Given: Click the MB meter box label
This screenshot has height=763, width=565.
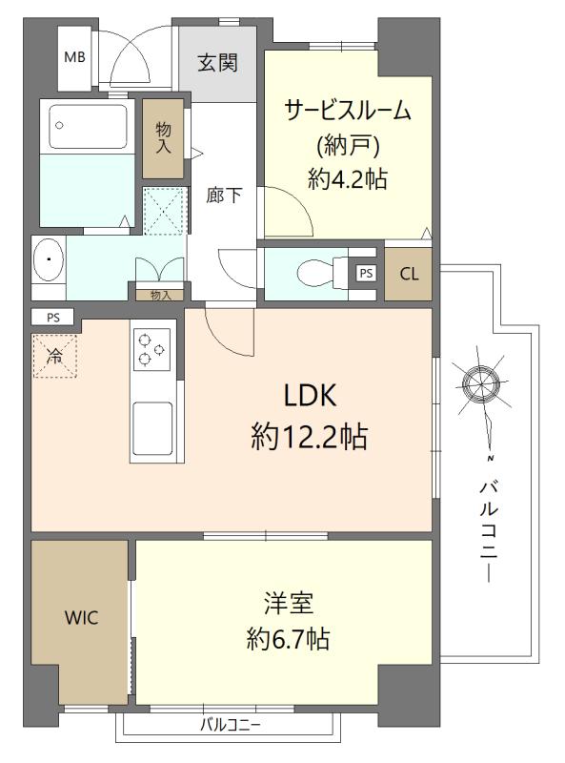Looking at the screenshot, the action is tap(74, 57).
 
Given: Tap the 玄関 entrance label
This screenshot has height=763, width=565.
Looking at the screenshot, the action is tap(217, 63).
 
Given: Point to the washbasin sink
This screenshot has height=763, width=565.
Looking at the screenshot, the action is tap(49, 259).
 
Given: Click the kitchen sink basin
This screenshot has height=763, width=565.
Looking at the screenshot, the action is tap(152, 428).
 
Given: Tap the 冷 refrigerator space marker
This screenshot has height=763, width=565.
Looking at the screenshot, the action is tap(54, 357).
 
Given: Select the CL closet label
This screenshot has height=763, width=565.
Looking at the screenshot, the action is tap(409, 274).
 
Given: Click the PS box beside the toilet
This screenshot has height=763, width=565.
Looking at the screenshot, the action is tap(366, 273).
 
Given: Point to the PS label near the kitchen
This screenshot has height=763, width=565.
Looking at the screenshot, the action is tap(53, 319).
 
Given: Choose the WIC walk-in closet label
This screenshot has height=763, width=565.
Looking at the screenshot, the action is tap(81, 618).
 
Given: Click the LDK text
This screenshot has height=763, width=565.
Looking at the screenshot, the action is tap(310, 395).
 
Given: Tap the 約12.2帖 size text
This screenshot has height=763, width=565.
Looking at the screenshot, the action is tap(310, 436).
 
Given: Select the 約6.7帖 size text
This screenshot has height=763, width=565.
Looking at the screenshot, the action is tap(289, 638).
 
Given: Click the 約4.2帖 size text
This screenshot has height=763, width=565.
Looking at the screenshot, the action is tap(348, 179).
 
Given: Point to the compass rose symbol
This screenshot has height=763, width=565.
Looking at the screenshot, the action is tap(481, 383).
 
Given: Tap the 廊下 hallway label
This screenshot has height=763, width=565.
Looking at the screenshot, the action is tap(223, 196).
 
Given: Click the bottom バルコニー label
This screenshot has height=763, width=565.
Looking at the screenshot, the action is tap(231, 726).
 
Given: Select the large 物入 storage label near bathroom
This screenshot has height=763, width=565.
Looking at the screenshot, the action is tap(163, 138).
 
